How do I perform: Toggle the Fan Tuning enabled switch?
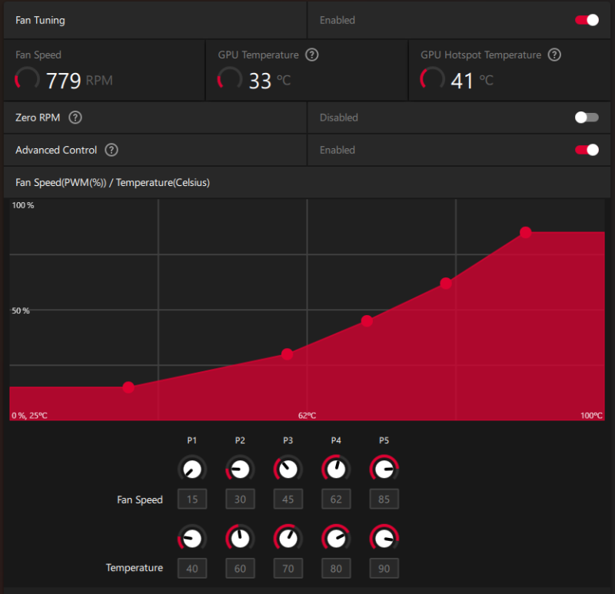point(587,20)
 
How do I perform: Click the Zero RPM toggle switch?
point(587,118)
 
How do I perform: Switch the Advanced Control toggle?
point(587,150)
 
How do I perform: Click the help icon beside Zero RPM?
point(75,118)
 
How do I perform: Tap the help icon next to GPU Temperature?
point(312,55)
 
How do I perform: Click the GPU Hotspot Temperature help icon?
point(554,55)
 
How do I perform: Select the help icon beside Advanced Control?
point(111,150)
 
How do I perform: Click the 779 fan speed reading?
point(64,80)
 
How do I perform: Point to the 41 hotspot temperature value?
point(462,80)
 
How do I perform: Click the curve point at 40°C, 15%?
point(128,387)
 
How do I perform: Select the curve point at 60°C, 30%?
point(287,354)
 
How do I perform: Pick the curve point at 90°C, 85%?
point(526,232)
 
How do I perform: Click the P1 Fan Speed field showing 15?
point(192,499)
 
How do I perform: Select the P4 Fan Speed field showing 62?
point(336,499)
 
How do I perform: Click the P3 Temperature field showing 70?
point(288,569)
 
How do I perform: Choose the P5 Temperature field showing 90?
point(384,569)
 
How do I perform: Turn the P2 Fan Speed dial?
point(240,468)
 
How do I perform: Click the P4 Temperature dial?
point(336,537)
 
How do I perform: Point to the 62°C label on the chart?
point(307,416)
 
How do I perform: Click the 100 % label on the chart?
point(23,206)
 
